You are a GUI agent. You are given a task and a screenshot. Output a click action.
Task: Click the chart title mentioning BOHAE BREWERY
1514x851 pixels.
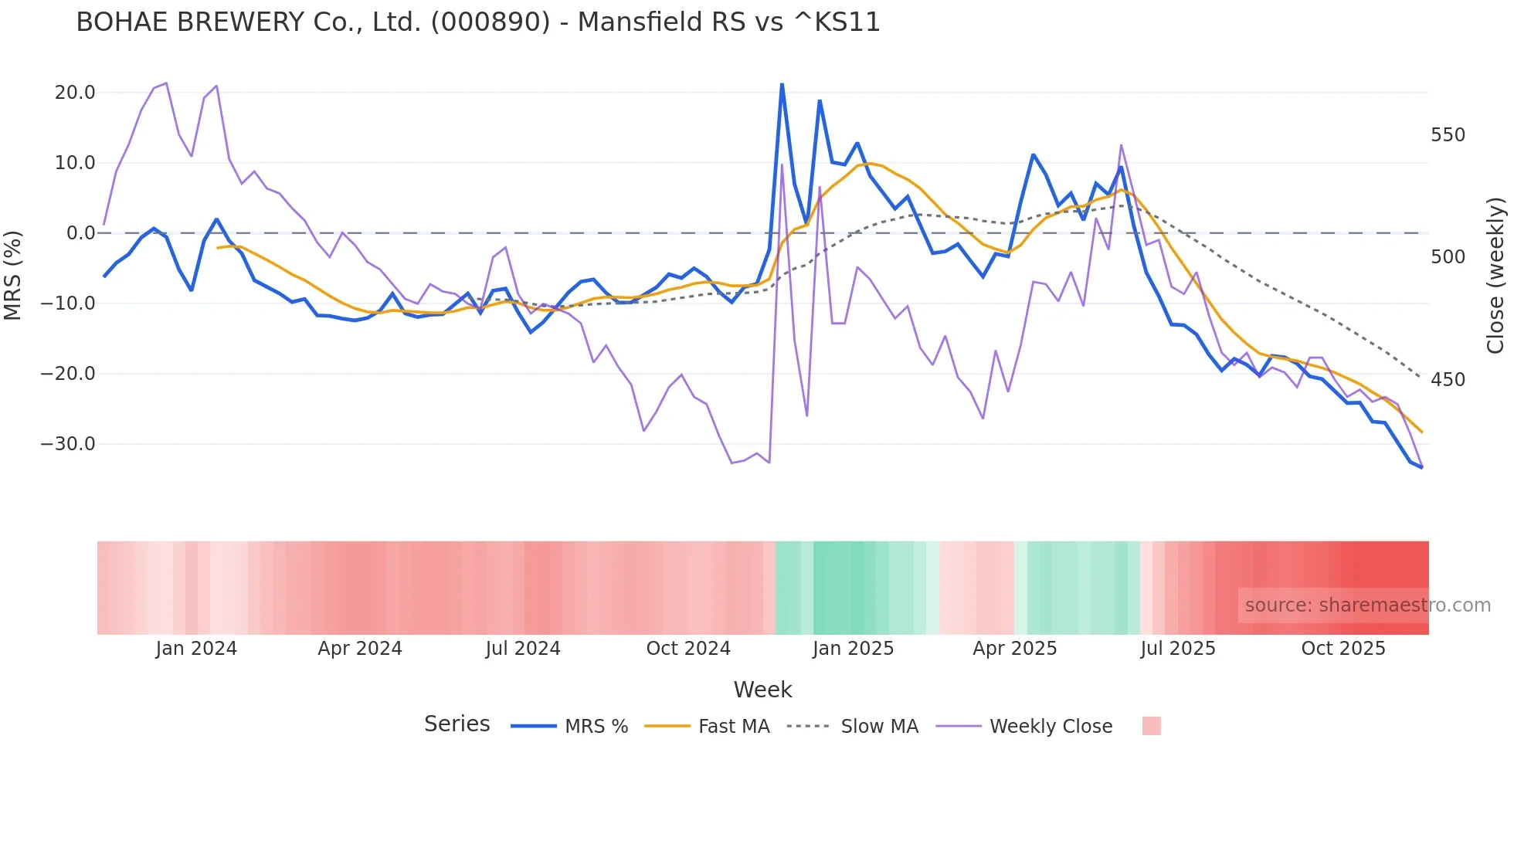pyautogui.click(x=478, y=22)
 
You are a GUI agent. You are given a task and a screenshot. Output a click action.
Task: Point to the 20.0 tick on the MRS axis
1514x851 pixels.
pyautogui.click(x=75, y=93)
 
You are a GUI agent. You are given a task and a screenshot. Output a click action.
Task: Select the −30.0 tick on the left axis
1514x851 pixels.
pyautogui.click(x=68, y=444)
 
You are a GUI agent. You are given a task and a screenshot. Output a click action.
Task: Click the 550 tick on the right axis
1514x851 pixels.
pyautogui.click(x=1448, y=135)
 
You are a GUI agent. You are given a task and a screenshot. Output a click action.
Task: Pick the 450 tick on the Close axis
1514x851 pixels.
pyautogui.click(x=1448, y=380)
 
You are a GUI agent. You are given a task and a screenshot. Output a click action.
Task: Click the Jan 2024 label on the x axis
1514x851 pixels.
pyautogui.click(x=196, y=649)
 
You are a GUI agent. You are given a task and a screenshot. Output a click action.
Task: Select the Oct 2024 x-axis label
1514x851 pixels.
pyautogui.click(x=688, y=649)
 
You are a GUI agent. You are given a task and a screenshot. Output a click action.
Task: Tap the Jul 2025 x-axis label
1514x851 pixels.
pyautogui.click(x=1178, y=649)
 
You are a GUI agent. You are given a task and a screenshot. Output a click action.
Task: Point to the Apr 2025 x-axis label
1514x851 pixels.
pyautogui.click(x=1015, y=649)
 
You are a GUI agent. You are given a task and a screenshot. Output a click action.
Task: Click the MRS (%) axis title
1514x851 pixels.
pyautogui.click(x=13, y=276)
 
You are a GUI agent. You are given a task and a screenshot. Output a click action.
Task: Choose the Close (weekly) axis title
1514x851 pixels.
pyautogui.click(x=1495, y=276)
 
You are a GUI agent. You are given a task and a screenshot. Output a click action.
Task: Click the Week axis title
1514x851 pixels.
pyautogui.click(x=762, y=690)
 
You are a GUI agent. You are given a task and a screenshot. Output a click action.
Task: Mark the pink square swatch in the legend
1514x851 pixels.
pyautogui.click(x=1151, y=727)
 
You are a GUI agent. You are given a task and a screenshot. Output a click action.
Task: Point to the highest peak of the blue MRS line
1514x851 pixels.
pyautogui.click(x=782, y=84)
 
